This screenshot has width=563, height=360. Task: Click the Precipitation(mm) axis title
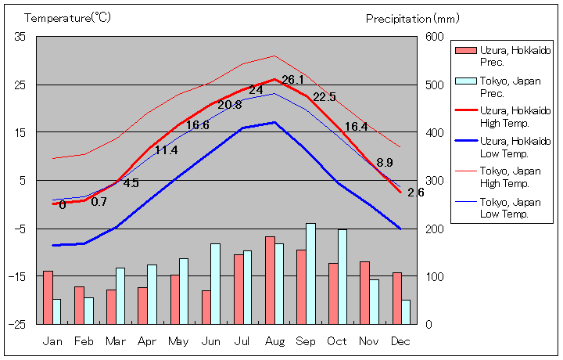[409, 17]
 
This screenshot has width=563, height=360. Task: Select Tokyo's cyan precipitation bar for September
[310, 273]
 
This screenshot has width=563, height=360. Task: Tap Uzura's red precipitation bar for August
[270, 279]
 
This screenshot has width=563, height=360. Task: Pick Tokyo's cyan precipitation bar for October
[342, 276]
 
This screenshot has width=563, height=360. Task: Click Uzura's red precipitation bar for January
[48, 297]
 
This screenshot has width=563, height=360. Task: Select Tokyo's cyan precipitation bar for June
[215, 283]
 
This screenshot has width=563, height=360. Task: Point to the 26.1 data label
[292, 79]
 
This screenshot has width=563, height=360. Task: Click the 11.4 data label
[166, 149]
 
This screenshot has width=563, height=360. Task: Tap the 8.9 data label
[384, 163]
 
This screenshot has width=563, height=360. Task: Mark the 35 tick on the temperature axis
[20, 37]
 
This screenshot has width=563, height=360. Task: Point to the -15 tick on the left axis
[17, 276]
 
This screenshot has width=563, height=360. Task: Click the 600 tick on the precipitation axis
[435, 37]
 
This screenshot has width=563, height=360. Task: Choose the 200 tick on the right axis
[435, 229]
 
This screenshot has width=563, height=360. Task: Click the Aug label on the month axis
[274, 341]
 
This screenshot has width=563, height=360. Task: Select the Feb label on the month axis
[84, 341]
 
